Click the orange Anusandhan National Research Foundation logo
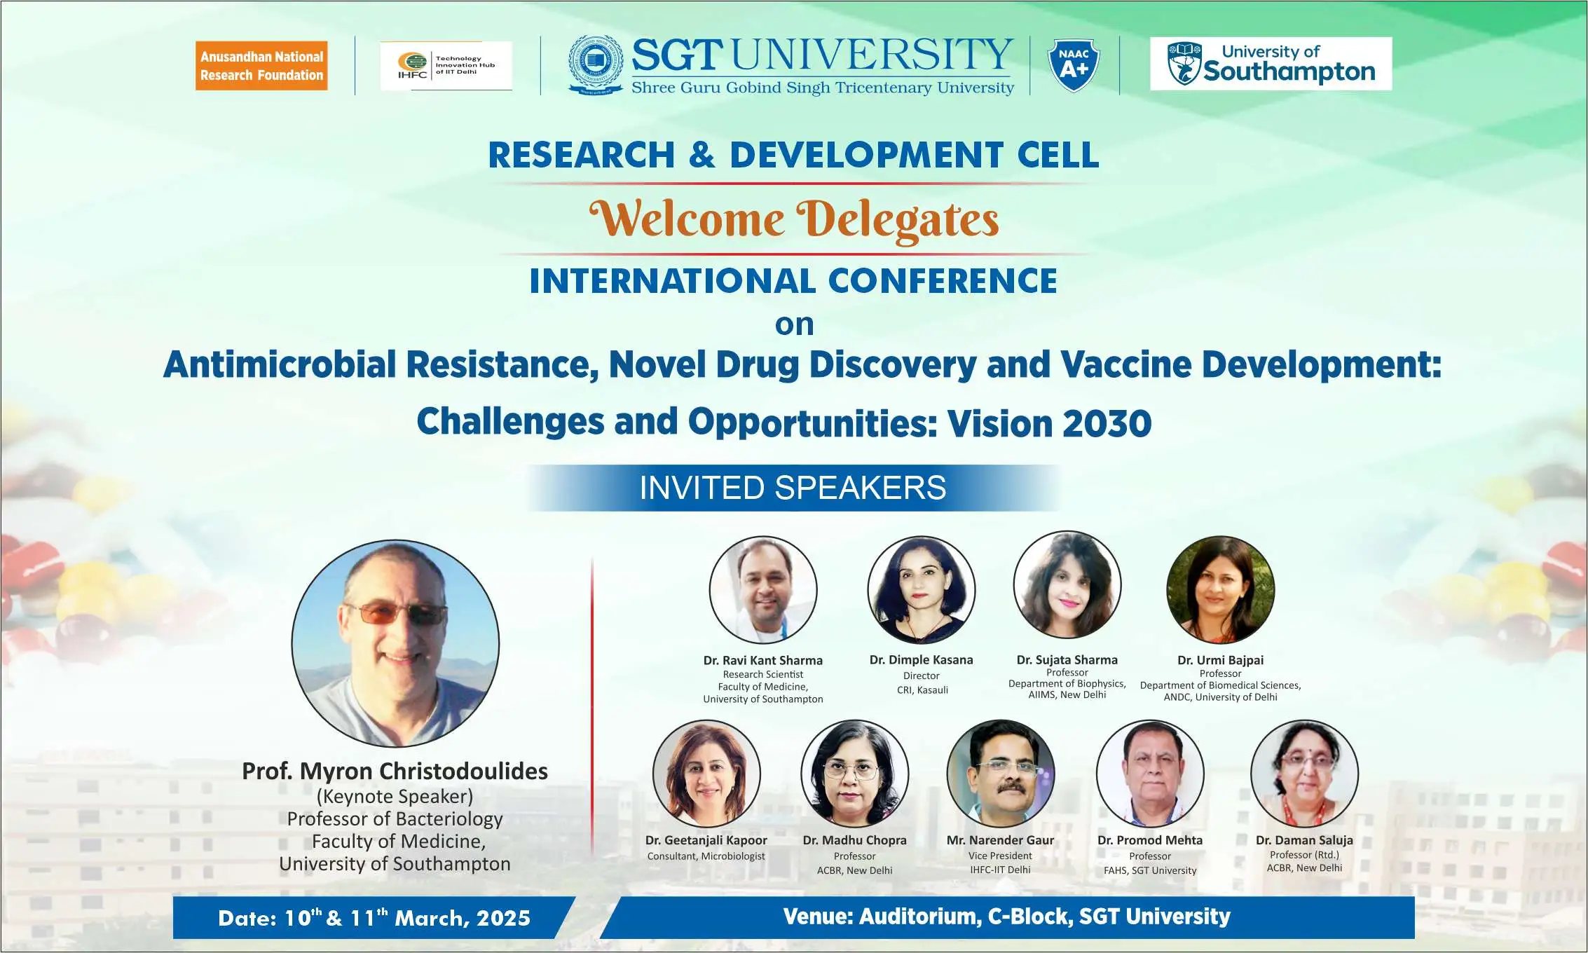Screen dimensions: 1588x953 pos(261,66)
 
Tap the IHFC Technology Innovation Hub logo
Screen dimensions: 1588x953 pos(446,66)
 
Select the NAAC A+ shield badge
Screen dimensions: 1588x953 pos(1074,65)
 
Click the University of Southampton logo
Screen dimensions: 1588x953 pos(1271,64)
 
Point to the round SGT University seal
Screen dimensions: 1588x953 pos(596,64)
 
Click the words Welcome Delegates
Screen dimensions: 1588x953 pos(794,219)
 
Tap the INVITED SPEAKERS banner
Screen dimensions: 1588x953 pos(793,488)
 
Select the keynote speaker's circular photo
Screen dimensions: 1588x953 pos(395,643)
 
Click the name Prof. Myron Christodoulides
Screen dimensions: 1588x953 pos(395,771)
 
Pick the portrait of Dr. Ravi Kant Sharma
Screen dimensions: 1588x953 pos(763,590)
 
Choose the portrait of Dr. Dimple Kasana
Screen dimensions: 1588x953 pos(922,590)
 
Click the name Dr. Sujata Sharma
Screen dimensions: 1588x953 pos(1067,660)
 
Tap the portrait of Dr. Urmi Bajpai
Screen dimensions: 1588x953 pos(1221,590)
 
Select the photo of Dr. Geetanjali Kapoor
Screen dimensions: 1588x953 pos(706,774)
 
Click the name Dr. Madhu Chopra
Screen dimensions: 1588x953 pos(855,840)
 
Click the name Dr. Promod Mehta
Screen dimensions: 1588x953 pos(1150,840)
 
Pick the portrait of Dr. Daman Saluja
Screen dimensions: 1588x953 pos(1305,774)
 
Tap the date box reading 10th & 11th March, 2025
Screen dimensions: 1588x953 pos(374,918)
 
